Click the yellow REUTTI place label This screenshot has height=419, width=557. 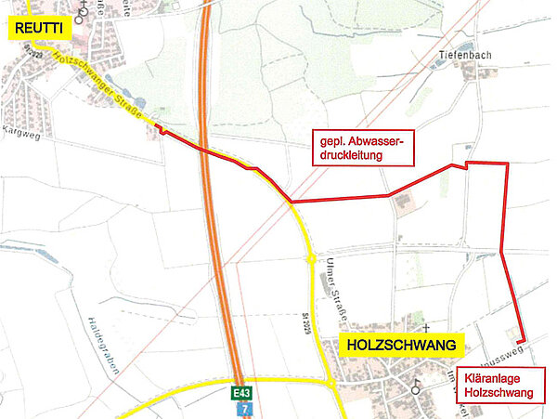pyautogui.click(x=38, y=29)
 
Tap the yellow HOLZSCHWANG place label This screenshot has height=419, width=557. pyautogui.click(x=403, y=346)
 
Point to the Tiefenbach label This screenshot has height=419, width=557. pyautogui.click(x=462, y=56)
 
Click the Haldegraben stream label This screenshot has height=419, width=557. pyautogui.click(x=101, y=345)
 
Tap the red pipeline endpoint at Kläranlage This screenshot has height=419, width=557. pyautogui.click(x=521, y=339)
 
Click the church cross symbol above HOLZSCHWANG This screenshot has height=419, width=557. pyautogui.click(x=425, y=329)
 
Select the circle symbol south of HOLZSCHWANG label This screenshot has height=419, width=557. pyautogui.click(x=416, y=390)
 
